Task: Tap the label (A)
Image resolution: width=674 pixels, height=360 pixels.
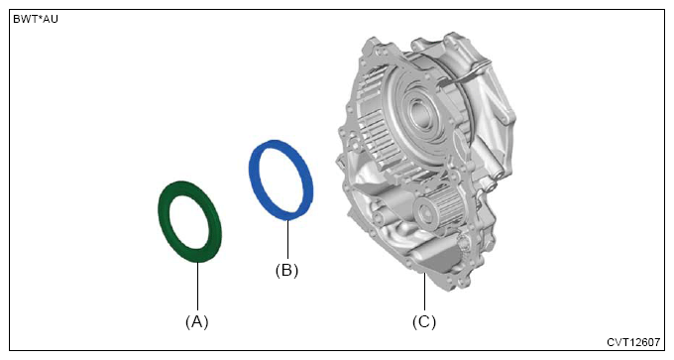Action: coord(197,321)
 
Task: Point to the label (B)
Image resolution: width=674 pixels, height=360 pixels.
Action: coord(286,270)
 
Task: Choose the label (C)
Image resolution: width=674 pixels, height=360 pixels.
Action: coord(424,321)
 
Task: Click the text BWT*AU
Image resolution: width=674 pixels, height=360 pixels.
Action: coord(36,20)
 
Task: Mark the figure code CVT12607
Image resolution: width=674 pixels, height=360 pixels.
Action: coord(633,342)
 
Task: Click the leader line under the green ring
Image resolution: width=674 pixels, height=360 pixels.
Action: coord(197,286)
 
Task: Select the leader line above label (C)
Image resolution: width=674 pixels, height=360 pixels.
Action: coord(424,292)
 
